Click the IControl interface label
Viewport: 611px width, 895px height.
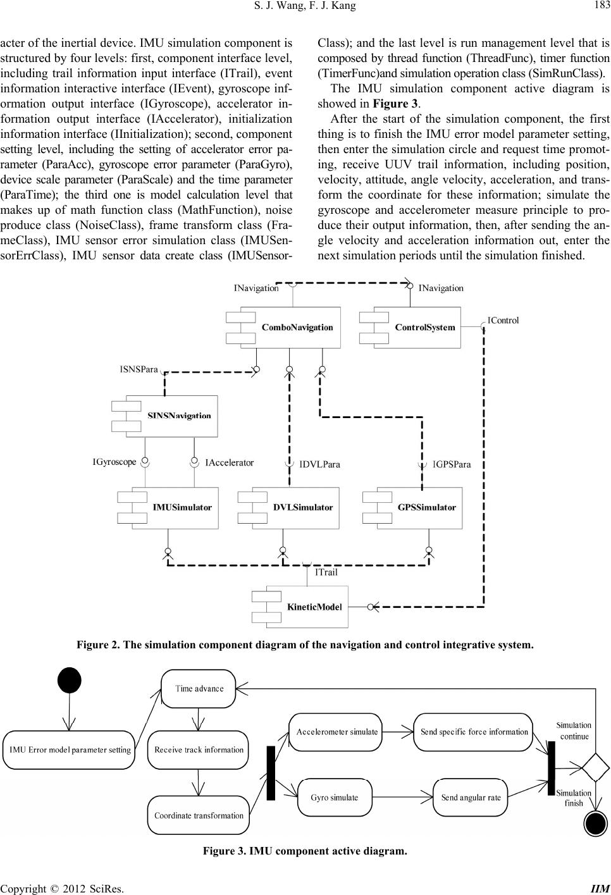pyautogui.click(x=503, y=320)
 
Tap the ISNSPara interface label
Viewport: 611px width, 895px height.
pyautogui.click(x=139, y=369)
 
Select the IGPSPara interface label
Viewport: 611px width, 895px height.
pyautogui.click(x=452, y=464)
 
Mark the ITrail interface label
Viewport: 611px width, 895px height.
pyautogui.click(x=326, y=572)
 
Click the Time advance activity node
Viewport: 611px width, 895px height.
pyautogui.click(x=199, y=689)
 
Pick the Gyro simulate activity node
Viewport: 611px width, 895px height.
pyautogui.click(x=334, y=797)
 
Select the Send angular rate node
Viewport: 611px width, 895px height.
pyautogui.click(x=471, y=797)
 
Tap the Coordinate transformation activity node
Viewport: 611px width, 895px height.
pyautogui.click(x=199, y=815)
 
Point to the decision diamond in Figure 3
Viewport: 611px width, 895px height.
pyautogui.click(x=595, y=767)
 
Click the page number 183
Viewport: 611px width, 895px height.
pyautogui.click(x=598, y=6)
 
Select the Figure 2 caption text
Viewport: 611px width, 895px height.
pyautogui.click(x=305, y=646)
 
